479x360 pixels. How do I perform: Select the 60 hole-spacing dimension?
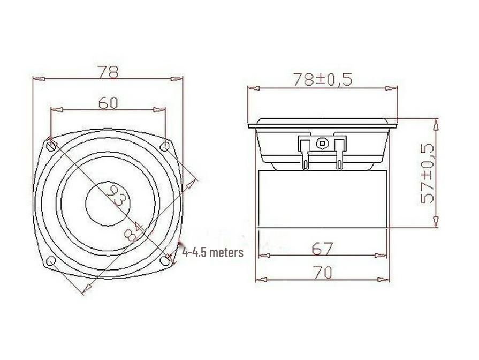(x=108, y=103)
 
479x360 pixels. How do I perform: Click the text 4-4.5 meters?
(x=212, y=252)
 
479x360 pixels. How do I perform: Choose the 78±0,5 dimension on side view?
(x=323, y=79)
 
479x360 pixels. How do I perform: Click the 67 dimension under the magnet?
(x=322, y=249)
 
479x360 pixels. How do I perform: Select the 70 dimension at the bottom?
(x=322, y=273)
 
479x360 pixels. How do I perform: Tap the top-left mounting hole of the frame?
(x=51, y=145)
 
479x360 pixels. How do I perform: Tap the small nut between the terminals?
(x=321, y=143)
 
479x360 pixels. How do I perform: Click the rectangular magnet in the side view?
(x=322, y=198)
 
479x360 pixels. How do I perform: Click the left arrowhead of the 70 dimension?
(x=260, y=279)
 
